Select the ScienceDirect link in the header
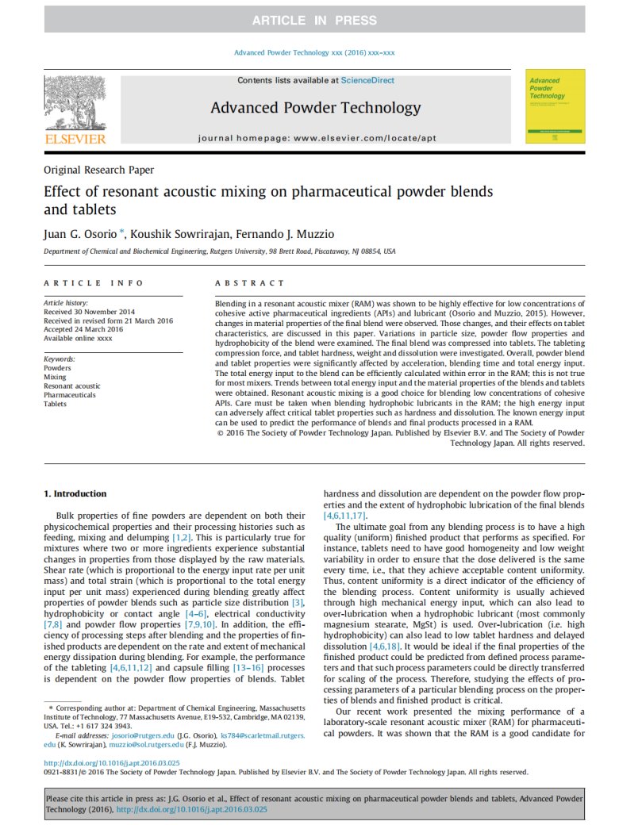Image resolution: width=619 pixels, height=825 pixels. (x=367, y=80)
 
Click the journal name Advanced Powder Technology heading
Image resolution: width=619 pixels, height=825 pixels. (x=315, y=108)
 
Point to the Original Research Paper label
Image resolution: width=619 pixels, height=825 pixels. (x=98, y=169)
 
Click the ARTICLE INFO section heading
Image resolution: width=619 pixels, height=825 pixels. (x=94, y=283)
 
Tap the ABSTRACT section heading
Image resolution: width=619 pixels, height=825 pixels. (x=250, y=283)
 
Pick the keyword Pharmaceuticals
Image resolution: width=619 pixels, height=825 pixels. (x=69, y=395)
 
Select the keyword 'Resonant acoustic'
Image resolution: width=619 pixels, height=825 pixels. (x=72, y=386)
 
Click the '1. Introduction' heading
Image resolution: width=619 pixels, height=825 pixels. (x=75, y=493)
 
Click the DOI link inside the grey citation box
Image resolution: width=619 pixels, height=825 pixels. (x=191, y=809)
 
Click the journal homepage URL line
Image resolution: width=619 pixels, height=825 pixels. (x=317, y=138)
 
